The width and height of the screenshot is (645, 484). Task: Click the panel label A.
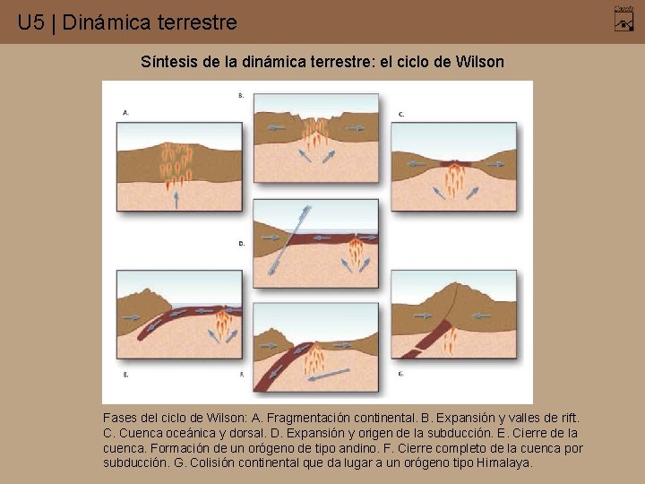pos(125,113)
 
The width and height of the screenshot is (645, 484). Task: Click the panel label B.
pos(241,95)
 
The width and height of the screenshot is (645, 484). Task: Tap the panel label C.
pos(401,114)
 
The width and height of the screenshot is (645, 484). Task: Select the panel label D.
pos(241,243)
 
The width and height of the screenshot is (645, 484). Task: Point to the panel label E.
pos(125,373)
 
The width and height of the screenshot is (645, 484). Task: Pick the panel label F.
pos(241,373)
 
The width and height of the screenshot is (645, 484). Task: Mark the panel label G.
pos(401,373)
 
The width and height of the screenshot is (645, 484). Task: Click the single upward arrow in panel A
pos(176,198)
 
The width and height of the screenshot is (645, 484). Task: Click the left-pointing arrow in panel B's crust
pos(276,128)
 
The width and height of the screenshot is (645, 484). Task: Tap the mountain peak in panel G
pos(458,287)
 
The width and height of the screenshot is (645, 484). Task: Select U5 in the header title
pos(30,22)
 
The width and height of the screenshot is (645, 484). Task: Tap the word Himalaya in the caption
pos(506,463)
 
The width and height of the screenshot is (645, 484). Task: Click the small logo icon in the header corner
pos(623,17)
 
